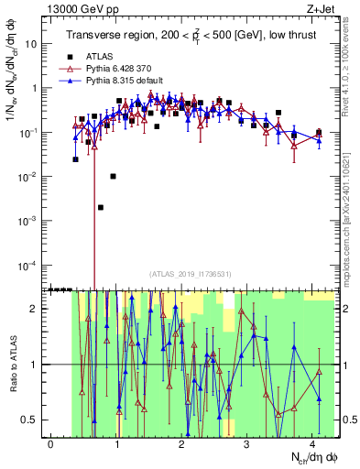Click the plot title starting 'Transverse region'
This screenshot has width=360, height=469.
click(x=192, y=36)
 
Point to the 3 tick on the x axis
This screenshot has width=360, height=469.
click(x=247, y=444)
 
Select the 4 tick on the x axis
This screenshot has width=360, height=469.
click(x=312, y=444)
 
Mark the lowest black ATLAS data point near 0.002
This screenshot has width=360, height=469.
click(x=101, y=207)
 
